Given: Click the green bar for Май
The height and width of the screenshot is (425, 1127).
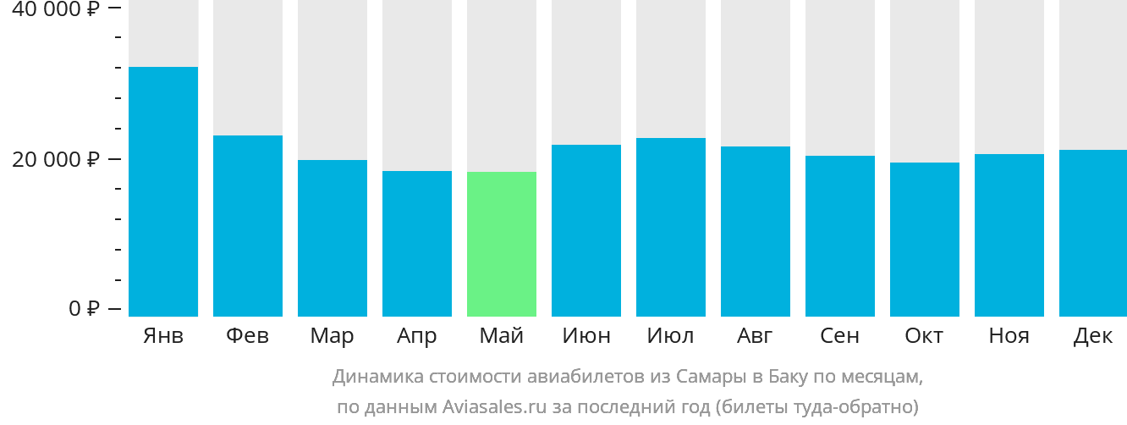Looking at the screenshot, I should (502, 244).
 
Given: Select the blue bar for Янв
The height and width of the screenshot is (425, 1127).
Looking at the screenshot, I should (163, 191).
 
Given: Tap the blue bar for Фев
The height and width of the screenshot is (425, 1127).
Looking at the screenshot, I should (248, 225).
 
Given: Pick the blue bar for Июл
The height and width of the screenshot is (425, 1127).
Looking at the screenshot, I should (671, 227).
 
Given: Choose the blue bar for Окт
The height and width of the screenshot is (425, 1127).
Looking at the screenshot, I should (925, 239).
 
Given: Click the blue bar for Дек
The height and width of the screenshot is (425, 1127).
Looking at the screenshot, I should (1093, 233).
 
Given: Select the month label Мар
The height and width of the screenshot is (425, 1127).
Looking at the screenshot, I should (332, 336).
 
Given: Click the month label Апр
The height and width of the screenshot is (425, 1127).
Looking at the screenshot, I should (417, 336).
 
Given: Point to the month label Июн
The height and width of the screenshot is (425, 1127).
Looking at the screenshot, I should (586, 336).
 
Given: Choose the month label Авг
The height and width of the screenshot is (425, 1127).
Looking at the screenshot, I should (754, 336).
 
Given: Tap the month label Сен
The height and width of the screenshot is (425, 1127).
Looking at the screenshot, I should (840, 336).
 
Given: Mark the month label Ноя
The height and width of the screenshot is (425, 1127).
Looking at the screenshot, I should (1009, 336).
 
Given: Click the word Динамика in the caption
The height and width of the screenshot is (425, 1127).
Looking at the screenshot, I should (376, 376).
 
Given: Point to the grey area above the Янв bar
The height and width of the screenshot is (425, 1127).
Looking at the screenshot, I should (163, 34).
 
